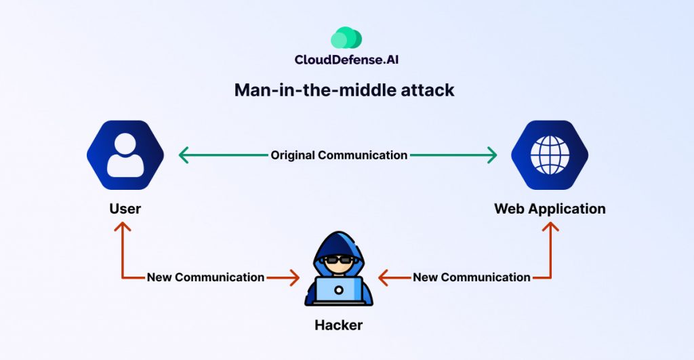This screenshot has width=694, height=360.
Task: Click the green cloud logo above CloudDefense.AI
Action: [x=346, y=37]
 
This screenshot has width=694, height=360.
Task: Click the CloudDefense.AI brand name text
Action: [x=346, y=60]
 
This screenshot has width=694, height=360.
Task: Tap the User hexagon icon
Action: [x=125, y=155]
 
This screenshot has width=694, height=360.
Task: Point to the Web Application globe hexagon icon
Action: [x=550, y=155]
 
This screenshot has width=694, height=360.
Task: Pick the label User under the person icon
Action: [x=125, y=208]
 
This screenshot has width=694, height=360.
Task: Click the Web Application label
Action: [x=550, y=208]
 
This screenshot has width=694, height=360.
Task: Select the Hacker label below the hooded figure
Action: [x=339, y=325]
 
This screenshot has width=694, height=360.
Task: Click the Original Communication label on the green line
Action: [x=339, y=155]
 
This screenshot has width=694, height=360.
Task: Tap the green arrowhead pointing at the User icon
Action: [x=182, y=155]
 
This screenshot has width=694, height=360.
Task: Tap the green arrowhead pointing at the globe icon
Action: [x=493, y=155]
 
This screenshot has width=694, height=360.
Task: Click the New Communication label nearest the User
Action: [x=205, y=277]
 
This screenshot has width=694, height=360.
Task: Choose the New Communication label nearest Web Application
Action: [x=472, y=277]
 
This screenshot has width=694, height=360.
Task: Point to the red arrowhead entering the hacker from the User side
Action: [x=295, y=277]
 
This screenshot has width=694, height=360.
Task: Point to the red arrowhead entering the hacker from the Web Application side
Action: [x=383, y=277]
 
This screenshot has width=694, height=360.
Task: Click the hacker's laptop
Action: [x=339, y=290]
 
